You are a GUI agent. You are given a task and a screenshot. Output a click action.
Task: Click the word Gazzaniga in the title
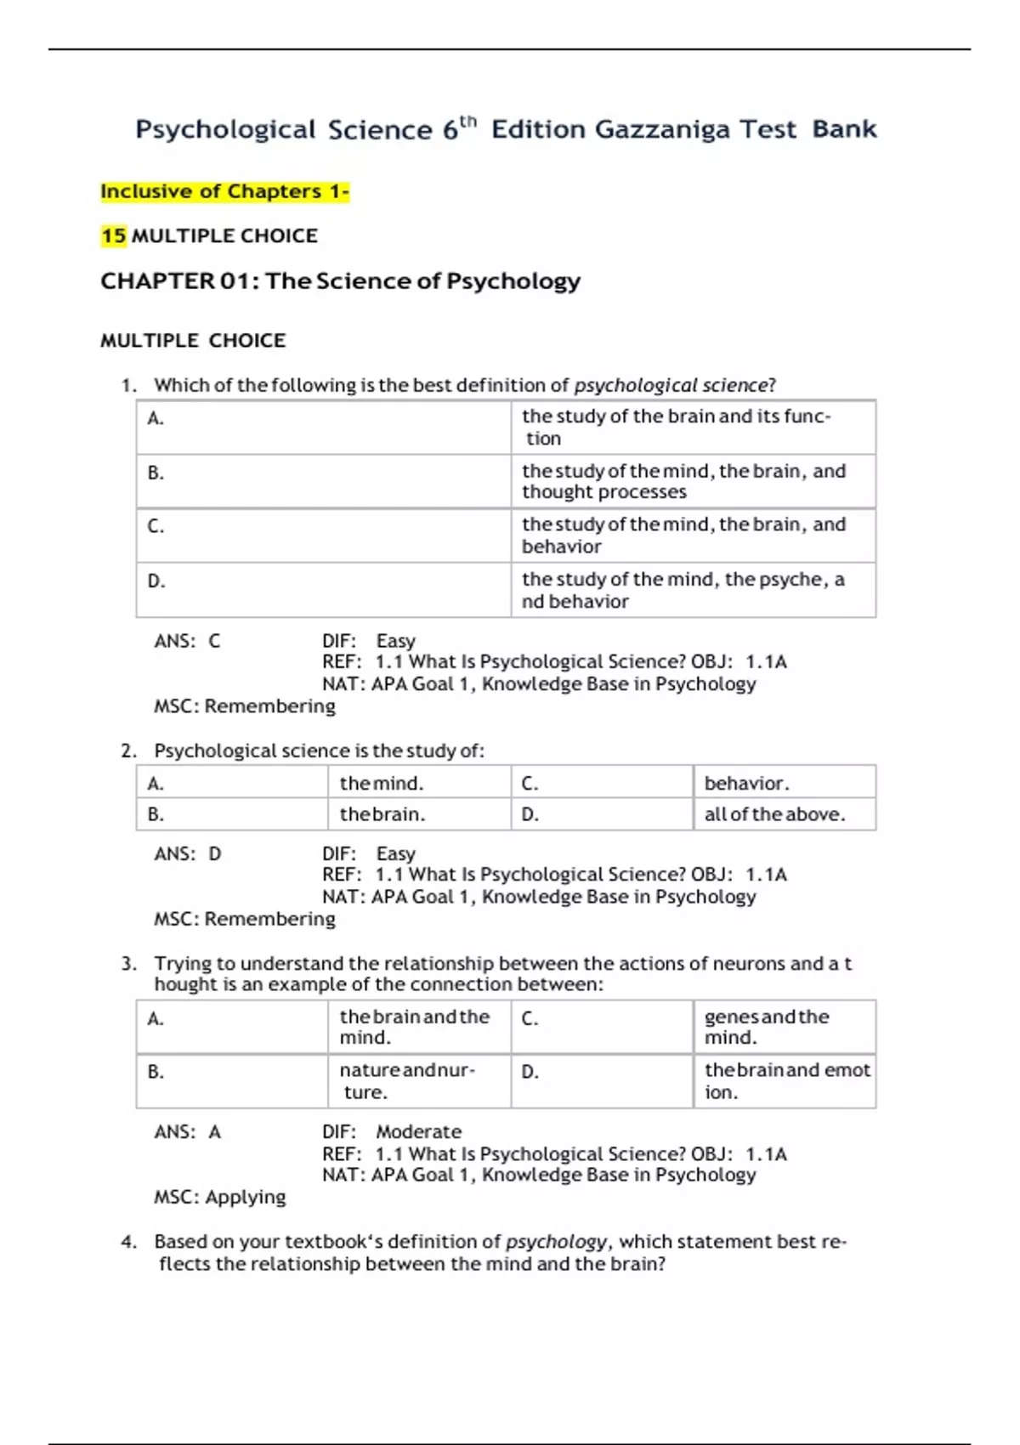(661, 129)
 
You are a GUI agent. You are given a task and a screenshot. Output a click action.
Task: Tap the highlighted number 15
(113, 235)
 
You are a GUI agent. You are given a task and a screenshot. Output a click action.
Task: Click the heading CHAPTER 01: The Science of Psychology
(340, 280)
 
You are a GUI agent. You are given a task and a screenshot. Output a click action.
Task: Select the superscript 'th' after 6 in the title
(468, 122)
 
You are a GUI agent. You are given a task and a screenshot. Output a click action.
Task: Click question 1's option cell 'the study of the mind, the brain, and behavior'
(683, 535)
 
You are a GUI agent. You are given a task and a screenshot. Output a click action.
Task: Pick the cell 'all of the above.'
(774, 813)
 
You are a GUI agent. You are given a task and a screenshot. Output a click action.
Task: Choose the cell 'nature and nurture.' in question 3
(407, 1080)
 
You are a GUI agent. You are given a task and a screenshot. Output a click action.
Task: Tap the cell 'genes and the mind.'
(766, 1026)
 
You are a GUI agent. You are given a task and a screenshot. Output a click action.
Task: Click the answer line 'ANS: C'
(186, 641)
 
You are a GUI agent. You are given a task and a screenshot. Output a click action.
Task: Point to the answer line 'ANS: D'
(187, 853)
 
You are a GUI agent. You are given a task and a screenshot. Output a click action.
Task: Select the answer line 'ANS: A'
(187, 1131)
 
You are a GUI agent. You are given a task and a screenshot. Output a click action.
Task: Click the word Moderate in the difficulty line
(418, 1131)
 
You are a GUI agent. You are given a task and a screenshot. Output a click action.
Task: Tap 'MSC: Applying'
(219, 1197)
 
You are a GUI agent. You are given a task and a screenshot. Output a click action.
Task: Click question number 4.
(128, 1242)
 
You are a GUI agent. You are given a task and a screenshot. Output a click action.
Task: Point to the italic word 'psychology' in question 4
(556, 1242)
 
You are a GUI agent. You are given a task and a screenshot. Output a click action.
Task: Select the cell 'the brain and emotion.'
(786, 1080)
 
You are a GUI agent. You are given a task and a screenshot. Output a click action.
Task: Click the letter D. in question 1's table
(156, 581)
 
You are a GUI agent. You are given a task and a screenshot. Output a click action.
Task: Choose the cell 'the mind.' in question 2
(381, 783)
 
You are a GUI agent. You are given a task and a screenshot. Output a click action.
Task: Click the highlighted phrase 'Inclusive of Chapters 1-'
(224, 191)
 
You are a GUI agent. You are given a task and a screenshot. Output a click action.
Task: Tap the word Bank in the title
(844, 129)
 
